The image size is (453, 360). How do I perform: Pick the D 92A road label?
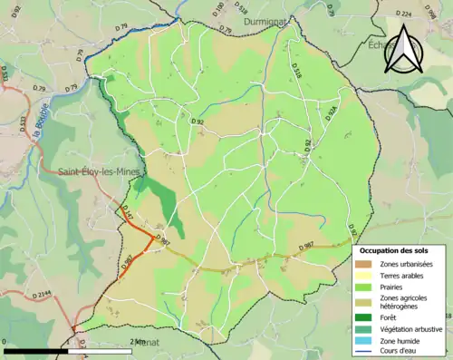(332, 114)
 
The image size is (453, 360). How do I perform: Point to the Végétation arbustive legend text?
(412, 328)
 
